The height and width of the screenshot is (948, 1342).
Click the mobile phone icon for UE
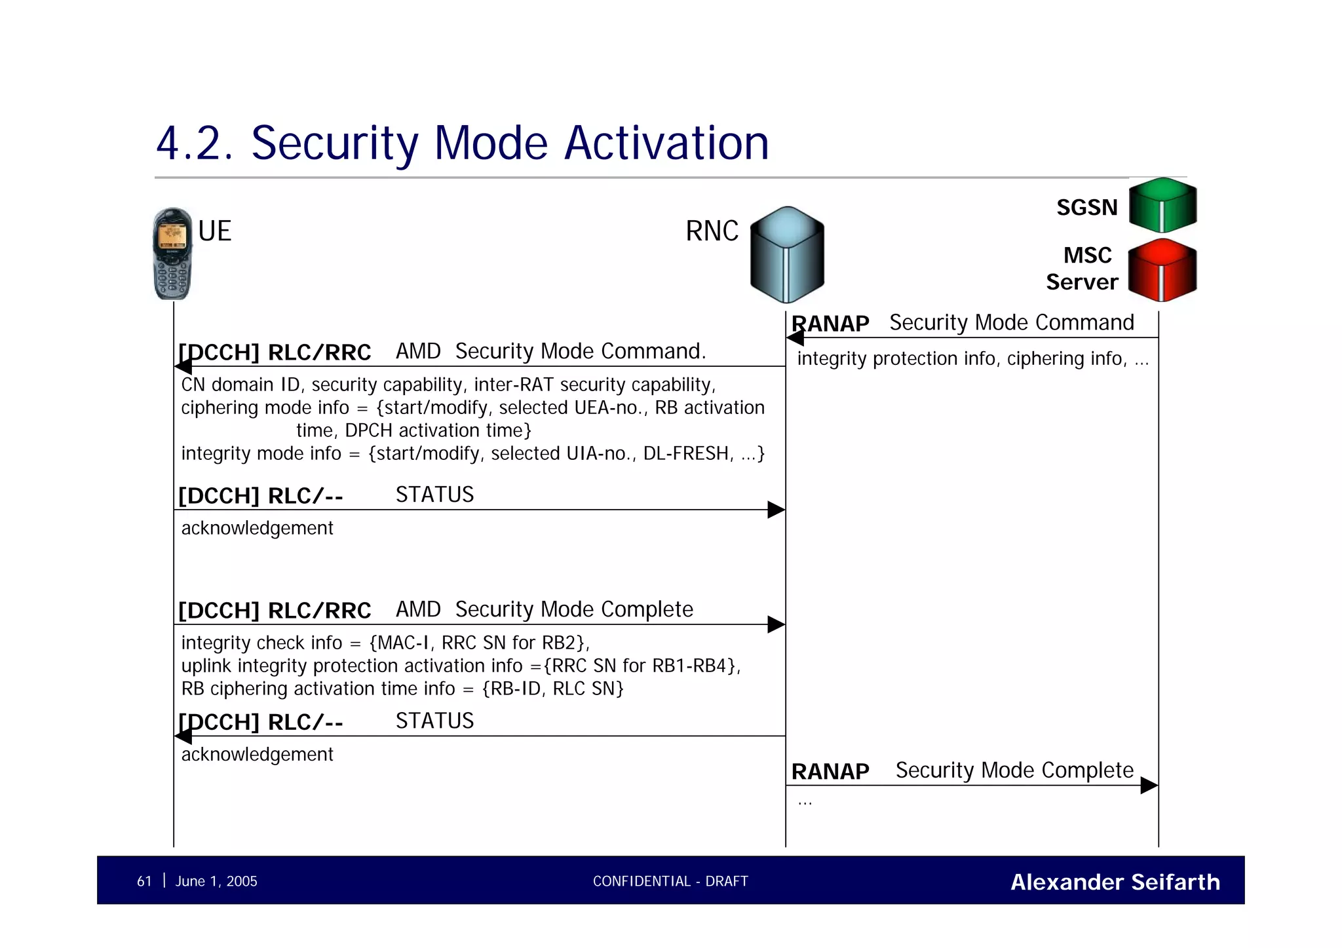tap(172, 254)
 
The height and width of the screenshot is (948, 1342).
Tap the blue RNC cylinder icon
tap(786, 256)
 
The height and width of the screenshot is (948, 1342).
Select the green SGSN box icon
tap(1162, 205)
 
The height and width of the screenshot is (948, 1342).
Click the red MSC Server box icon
tap(1162, 270)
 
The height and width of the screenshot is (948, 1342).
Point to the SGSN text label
tap(1086, 208)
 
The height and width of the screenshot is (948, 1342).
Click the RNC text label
tap(712, 231)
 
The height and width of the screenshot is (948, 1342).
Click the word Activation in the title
tap(666, 143)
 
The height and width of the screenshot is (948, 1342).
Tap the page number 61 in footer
tap(144, 881)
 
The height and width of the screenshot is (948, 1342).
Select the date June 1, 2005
tap(216, 881)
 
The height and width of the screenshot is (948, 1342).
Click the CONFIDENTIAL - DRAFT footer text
tap(670, 881)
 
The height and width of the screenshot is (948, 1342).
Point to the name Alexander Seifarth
tap(1115, 882)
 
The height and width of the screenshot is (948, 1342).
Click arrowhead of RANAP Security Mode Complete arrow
tap(1149, 785)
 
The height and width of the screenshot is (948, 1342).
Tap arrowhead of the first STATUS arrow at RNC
tap(776, 510)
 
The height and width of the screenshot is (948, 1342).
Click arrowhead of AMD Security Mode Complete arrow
tap(776, 624)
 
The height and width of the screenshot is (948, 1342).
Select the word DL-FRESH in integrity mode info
tap(687, 453)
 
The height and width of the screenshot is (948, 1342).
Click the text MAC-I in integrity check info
tap(402, 643)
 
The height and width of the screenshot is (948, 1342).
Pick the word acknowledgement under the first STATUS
tap(257, 528)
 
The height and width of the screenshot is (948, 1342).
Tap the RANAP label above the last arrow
tap(830, 772)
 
